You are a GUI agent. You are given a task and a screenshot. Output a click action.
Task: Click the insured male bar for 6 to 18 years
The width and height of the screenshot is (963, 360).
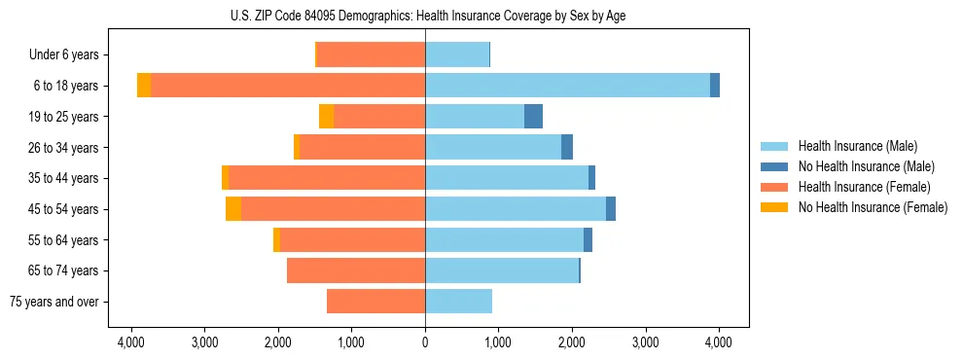(x=567, y=86)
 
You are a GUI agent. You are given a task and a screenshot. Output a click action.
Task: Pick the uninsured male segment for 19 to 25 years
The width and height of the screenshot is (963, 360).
(x=533, y=117)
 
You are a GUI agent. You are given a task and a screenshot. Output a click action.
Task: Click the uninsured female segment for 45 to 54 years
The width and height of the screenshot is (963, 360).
(x=233, y=209)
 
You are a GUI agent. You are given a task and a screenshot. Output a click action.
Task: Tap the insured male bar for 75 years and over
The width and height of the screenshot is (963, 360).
(x=458, y=302)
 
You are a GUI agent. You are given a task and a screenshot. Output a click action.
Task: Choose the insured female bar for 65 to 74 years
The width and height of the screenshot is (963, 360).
(x=356, y=270)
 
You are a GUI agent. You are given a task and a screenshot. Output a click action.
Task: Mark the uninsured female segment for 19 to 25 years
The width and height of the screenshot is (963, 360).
(x=326, y=117)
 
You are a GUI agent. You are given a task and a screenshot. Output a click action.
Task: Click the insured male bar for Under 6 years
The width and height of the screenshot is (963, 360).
(x=457, y=55)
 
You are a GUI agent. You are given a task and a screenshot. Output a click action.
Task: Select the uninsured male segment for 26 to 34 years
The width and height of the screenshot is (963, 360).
(x=567, y=147)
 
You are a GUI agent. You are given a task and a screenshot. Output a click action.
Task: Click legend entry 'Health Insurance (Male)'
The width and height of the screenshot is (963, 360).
(x=857, y=146)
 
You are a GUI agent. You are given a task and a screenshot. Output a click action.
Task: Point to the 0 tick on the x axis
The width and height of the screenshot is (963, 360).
(x=425, y=342)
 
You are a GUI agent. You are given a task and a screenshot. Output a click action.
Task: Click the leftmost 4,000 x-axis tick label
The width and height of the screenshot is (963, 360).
(x=131, y=342)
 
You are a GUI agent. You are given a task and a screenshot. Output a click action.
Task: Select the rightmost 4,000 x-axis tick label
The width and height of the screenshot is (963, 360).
(x=719, y=342)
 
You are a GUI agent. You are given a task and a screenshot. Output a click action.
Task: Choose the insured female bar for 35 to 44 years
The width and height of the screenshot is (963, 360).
(x=327, y=178)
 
